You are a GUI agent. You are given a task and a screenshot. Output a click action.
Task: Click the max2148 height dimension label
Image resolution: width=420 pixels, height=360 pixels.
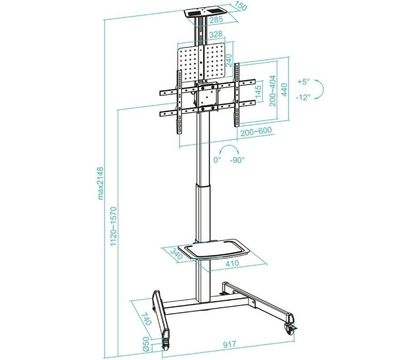pyautogui.click(x=100, y=184)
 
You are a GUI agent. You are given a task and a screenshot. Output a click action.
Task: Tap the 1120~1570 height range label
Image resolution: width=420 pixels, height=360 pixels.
pyautogui.click(x=113, y=226)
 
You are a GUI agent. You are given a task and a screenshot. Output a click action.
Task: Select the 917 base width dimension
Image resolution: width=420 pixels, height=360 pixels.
pyautogui.click(x=230, y=344)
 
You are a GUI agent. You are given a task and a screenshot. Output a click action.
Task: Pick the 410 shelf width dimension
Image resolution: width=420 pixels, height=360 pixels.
pyautogui.click(x=232, y=263)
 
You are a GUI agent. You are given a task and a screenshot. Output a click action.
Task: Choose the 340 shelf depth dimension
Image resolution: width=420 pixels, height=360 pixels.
pyautogui.click(x=176, y=253)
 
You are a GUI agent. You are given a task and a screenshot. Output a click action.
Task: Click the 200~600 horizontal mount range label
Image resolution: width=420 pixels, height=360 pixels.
pyautogui.click(x=256, y=131)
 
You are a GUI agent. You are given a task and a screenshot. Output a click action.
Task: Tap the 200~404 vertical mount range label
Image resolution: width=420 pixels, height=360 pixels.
pyautogui.click(x=272, y=91)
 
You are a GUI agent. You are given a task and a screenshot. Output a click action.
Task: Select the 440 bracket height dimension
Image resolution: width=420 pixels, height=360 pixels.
pyautogui.click(x=284, y=89)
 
